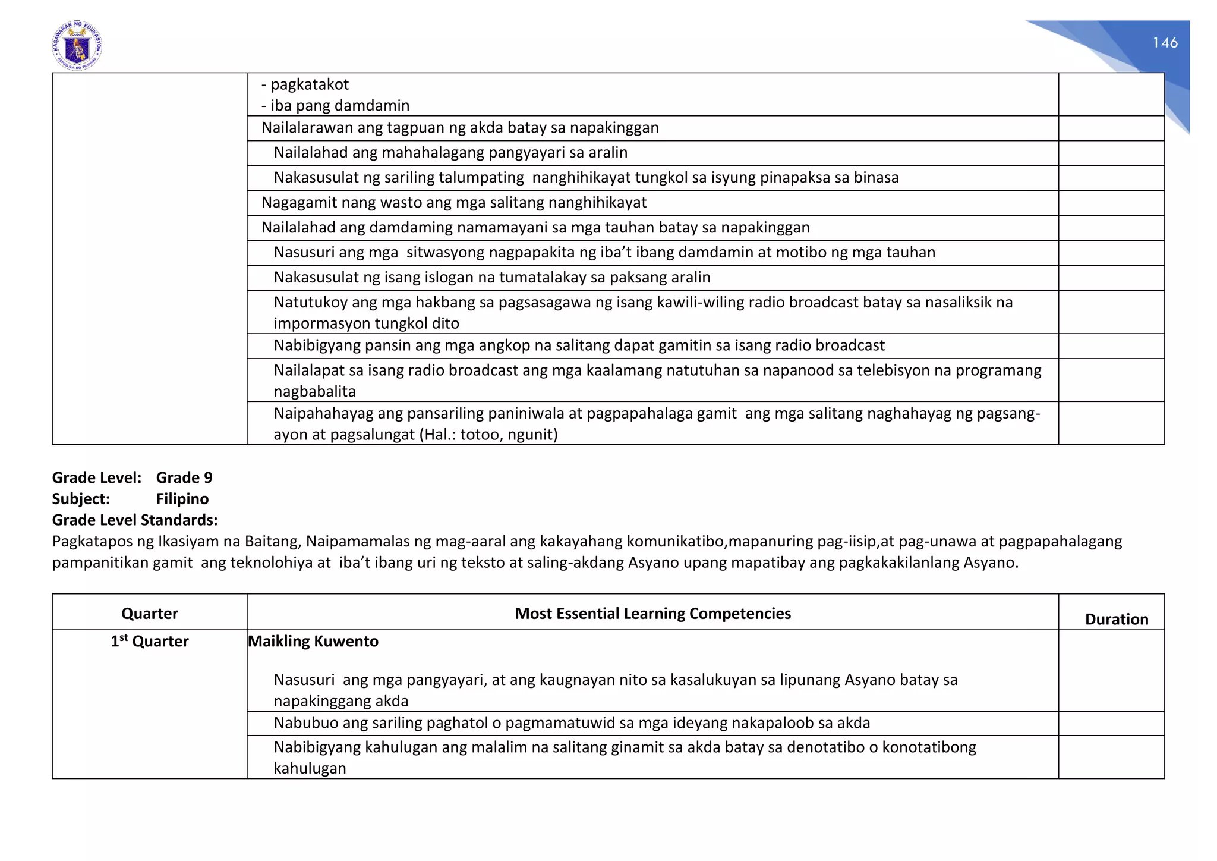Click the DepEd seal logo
tap(77, 46)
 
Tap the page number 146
tap(1165, 43)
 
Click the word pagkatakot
tap(310, 84)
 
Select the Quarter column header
tap(149, 613)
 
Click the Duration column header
tap(1116, 619)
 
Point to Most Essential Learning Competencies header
tap(652, 613)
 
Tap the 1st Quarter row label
tap(149, 641)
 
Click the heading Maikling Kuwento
tap(313, 641)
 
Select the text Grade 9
tap(184, 477)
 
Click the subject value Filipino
tap(182, 498)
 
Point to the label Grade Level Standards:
tap(135, 520)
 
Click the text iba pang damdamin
tap(340, 105)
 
